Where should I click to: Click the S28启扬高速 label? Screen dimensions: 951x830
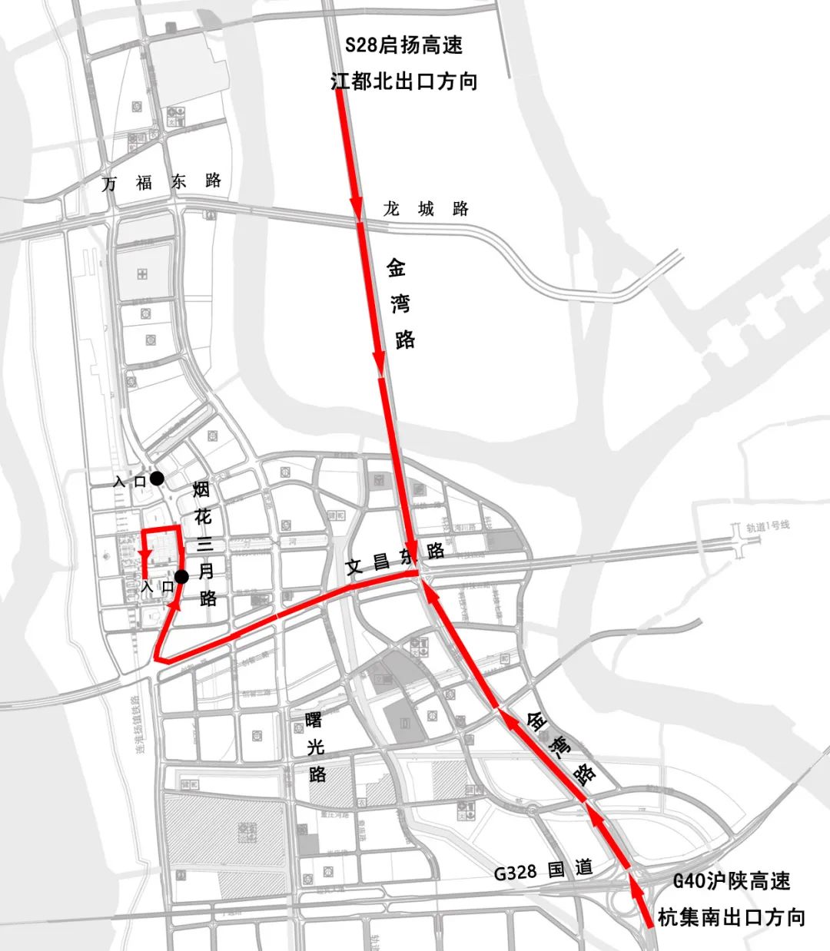403,45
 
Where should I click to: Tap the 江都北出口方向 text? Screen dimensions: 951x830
403,81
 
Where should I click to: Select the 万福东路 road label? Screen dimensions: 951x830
162,182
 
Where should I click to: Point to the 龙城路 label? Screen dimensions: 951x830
426,209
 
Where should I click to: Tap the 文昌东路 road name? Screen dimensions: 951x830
394,560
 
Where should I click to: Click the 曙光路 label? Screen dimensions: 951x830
315,746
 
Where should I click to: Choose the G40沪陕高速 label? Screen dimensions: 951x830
731,880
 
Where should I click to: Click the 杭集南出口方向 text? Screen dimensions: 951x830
731,916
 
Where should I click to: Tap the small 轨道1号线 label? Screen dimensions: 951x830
767,526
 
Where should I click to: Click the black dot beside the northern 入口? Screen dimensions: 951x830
157,479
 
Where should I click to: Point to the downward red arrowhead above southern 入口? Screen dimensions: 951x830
144,555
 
